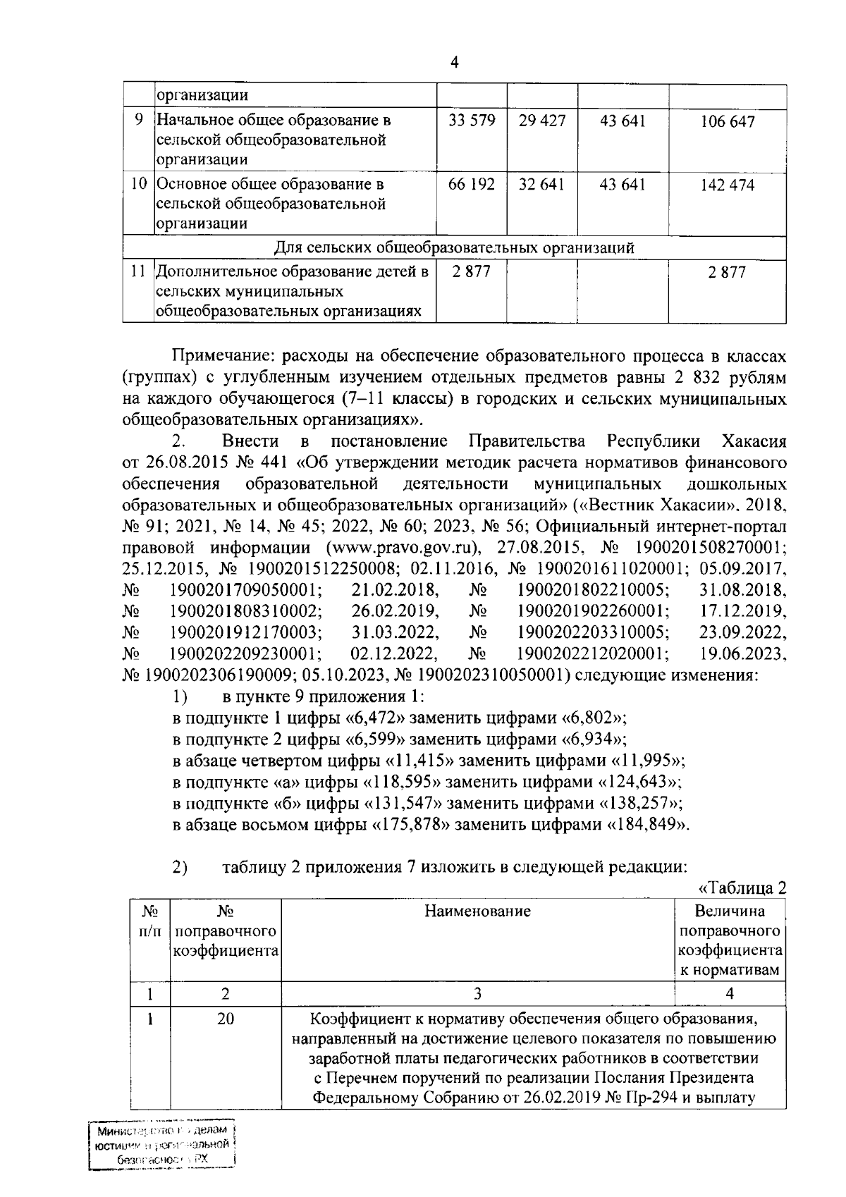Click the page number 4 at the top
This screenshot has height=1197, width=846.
pyautogui.click(x=454, y=64)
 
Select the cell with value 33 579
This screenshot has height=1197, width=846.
pyautogui.click(x=472, y=121)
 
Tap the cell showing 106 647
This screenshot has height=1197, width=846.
pyautogui.click(x=728, y=122)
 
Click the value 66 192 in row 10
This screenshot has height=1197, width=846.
pyautogui.click(x=472, y=185)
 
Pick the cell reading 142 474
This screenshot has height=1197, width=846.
pyautogui.click(x=728, y=186)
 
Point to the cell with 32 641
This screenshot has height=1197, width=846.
pyautogui.click(x=541, y=185)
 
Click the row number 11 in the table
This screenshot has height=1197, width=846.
pyautogui.click(x=138, y=271)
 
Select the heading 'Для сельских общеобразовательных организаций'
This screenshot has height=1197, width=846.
pyautogui.click(x=454, y=248)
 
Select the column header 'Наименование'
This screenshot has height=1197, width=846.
pyautogui.click(x=477, y=911)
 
